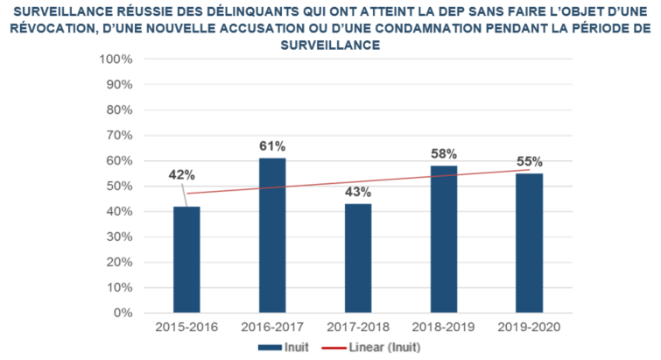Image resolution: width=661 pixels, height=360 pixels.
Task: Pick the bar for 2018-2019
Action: pos(443,239)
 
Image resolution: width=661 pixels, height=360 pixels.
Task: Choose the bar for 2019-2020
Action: pos(529,243)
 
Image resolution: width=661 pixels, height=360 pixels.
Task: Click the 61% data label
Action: pos(272,145)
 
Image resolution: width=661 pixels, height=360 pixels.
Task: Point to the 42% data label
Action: pos(181,174)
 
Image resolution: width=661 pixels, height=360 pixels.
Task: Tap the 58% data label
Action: pos(443,153)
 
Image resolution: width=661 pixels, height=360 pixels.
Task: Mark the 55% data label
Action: pos(529,161)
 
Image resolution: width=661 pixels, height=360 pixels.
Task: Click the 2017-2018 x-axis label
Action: pos(357,328)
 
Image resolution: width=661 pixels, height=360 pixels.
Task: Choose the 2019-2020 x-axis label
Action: pos(529,328)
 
